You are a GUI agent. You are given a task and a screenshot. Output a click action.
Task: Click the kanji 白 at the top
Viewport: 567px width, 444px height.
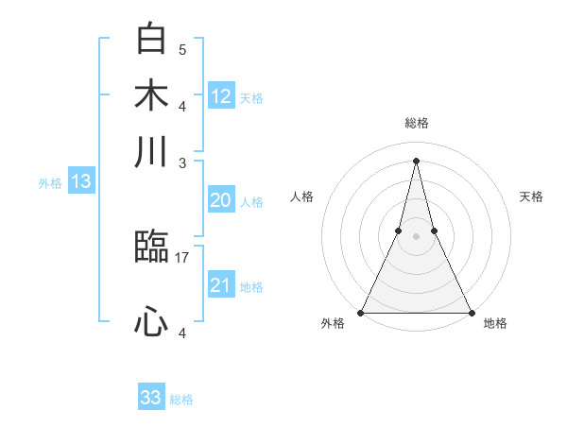[x=151, y=41]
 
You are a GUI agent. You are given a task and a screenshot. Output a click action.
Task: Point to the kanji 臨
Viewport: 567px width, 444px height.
[x=151, y=248]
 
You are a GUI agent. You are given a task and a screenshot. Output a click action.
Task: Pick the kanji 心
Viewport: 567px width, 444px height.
[x=151, y=323]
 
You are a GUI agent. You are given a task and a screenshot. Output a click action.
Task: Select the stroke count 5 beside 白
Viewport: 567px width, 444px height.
[x=182, y=49]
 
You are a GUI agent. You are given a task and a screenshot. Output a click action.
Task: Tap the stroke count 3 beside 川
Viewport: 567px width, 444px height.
[x=182, y=162]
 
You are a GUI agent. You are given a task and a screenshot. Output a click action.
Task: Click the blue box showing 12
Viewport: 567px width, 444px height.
[x=221, y=96]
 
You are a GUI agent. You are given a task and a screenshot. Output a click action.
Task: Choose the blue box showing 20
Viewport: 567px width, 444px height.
[x=220, y=200]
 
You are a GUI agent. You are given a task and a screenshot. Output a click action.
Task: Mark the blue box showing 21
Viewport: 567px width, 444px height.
[x=220, y=285]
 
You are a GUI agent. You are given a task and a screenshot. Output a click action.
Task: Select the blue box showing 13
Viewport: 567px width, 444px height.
[x=81, y=182]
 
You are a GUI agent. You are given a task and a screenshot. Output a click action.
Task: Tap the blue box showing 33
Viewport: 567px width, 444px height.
[x=151, y=398]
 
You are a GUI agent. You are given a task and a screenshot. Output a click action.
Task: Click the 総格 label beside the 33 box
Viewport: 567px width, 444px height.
[x=181, y=400]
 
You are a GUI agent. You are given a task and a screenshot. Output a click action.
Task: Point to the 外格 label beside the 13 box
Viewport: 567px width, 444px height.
[x=50, y=183]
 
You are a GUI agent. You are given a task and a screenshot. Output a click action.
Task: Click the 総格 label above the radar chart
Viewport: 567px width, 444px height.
[x=416, y=123]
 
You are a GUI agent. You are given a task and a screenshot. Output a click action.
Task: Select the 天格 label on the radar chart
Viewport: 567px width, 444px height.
[x=532, y=196]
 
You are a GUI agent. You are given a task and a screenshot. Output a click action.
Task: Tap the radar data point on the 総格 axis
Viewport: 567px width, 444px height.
[x=416, y=160]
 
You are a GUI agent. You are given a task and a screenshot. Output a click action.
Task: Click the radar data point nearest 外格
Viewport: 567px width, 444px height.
[x=361, y=312]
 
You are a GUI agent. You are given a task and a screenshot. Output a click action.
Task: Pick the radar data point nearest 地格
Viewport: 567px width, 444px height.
[x=471, y=312]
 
